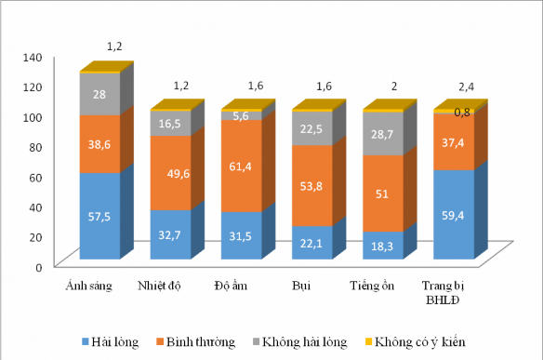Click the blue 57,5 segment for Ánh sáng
(99, 216)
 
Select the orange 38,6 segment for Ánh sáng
(99, 144)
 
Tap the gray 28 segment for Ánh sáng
(99, 94)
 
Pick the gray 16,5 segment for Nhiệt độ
(170, 124)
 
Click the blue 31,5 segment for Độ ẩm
(241, 235)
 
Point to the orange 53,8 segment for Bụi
(311, 185)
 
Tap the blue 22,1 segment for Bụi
(311, 243)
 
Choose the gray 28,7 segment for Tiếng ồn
(383, 134)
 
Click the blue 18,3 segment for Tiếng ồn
(383, 246)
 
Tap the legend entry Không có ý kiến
(427, 342)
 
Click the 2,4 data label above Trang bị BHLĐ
(465, 87)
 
